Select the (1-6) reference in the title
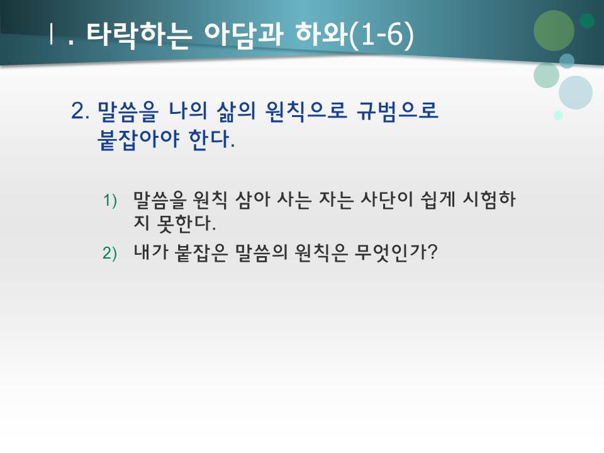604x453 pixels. pyautogui.click(x=381, y=35)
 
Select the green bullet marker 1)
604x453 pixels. pyautogui.click(x=110, y=201)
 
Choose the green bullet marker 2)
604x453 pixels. pyautogui.click(x=110, y=253)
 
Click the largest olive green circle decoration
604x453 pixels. pyautogui.click(x=554, y=30)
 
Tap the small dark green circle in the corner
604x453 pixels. pyautogui.click(x=587, y=21)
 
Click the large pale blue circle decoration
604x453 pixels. pyautogui.click(x=575, y=92)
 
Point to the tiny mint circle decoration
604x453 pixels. pyautogui.click(x=558, y=115)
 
